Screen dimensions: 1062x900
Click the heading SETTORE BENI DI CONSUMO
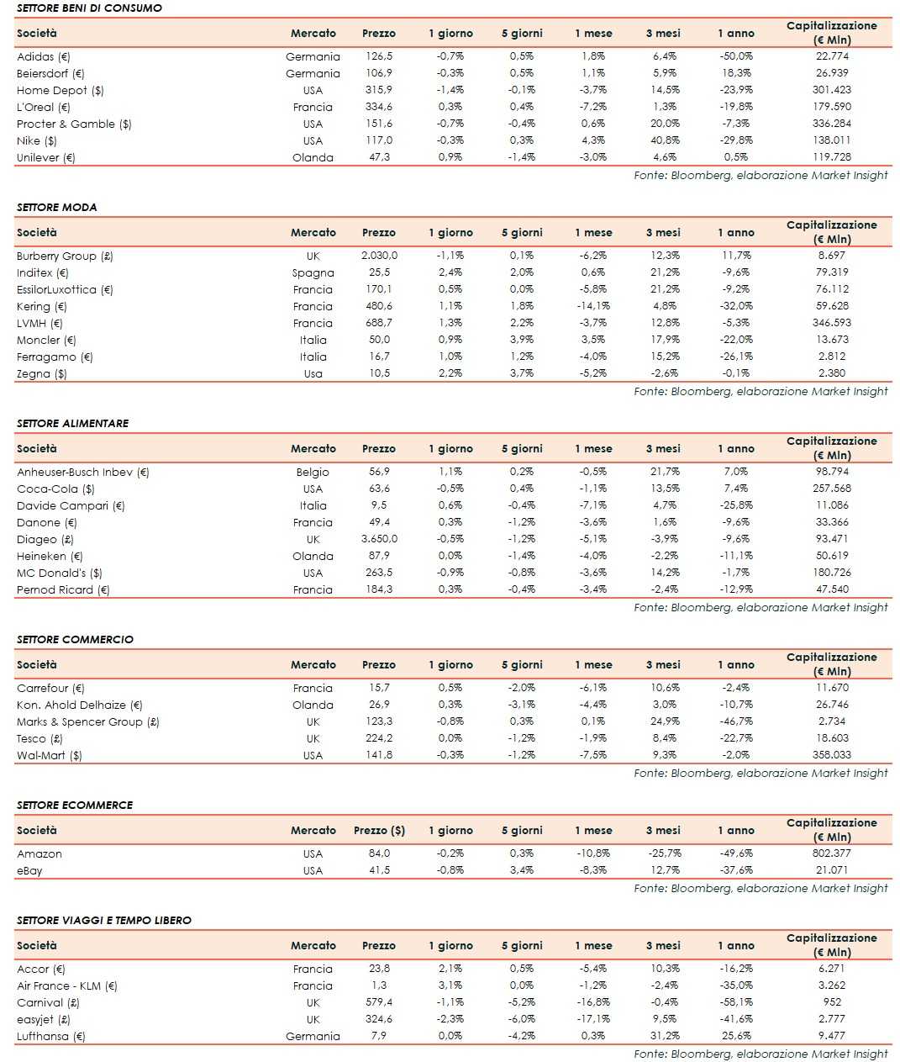pyautogui.click(x=89, y=8)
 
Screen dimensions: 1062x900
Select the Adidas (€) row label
pyautogui.click(x=44, y=56)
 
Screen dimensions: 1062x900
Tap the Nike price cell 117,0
pyautogui.click(x=378, y=140)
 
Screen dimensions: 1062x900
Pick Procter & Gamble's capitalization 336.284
pyautogui.click(x=831, y=124)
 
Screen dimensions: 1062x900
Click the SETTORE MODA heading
pyautogui.click(x=56, y=207)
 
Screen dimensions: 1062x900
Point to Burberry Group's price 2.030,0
pyautogui.click(x=379, y=256)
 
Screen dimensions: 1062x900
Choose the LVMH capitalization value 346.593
pyautogui.click(x=831, y=323)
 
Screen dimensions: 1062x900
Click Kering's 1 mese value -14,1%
pyautogui.click(x=593, y=306)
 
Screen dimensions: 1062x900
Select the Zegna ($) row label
pyautogui.click(x=42, y=373)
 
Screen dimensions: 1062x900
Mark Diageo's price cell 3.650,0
pyautogui.click(x=379, y=539)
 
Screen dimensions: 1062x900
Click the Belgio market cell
pyautogui.click(x=313, y=472)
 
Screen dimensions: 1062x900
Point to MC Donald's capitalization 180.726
pyautogui.click(x=831, y=573)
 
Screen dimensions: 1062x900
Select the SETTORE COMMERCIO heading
pyautogui.click(x=75, y=639)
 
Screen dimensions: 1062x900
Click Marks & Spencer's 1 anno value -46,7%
pyautogui.click(x=736, y=721)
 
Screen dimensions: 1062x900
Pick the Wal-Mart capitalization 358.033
pyautogui.click(x=831, y=755)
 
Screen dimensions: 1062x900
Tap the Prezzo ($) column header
pyautogui.click(x=379, y=830)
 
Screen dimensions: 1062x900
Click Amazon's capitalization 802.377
pyautogui.click(x=831, y=853)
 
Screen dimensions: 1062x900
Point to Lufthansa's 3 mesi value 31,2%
pyautogui.click(x=664, y=1036)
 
